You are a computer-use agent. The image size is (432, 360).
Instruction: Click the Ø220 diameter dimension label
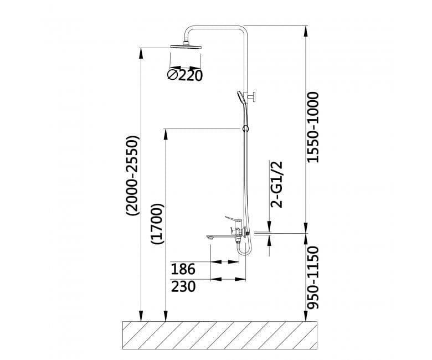(x=185, y=75)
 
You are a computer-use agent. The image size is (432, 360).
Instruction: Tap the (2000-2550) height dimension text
(x=133, y=176)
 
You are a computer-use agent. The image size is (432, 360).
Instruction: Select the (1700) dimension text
(x=158, y=224)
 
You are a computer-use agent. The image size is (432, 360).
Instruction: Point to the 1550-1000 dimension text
(x=313, y=127)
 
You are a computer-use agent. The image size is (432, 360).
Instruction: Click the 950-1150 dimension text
(x=313, y=277)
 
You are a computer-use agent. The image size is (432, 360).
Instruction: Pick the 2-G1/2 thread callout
(x=277, y=184)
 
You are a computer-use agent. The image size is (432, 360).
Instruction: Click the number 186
(x=183, y=269)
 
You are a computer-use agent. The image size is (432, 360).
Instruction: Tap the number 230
(x=183, y=286)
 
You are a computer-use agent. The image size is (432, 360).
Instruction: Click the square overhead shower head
(x=187, y=47)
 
